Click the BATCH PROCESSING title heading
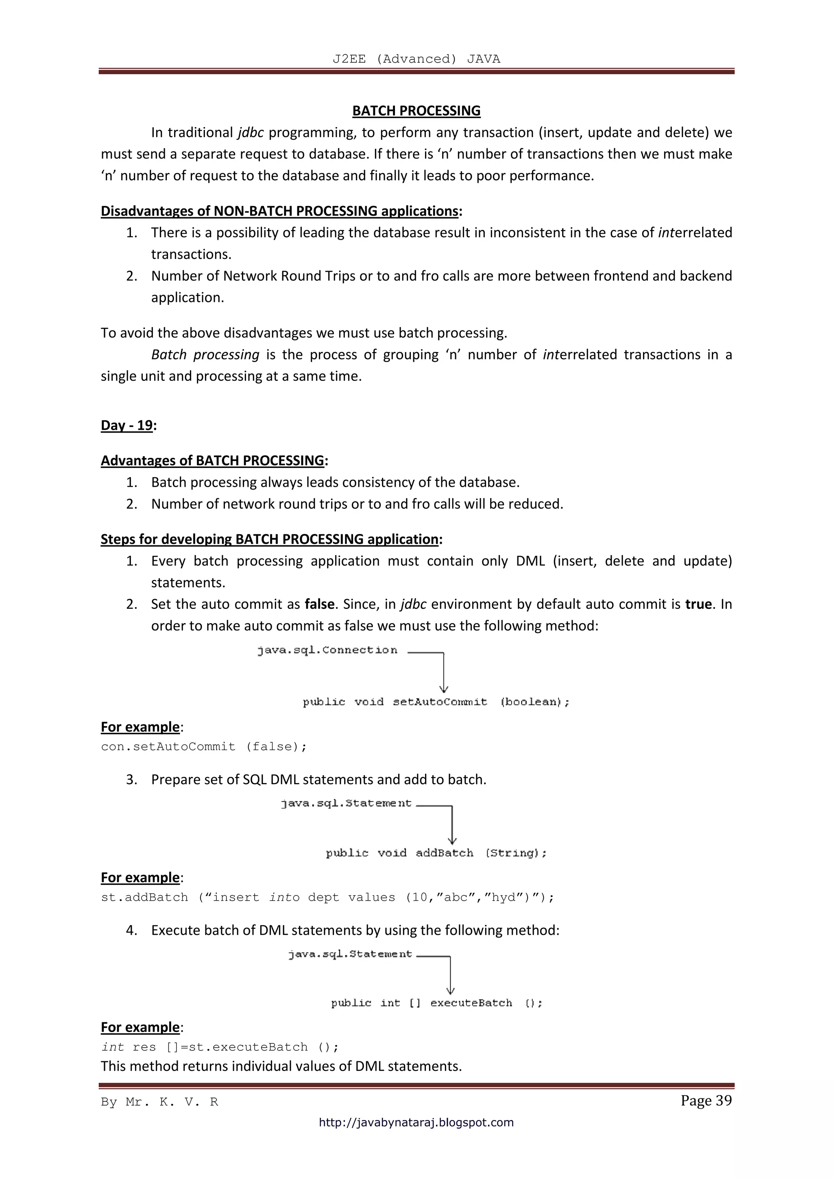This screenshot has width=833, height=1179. point(416,111)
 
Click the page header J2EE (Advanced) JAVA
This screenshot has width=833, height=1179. point(416,59)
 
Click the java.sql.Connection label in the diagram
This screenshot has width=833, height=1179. point(327,650)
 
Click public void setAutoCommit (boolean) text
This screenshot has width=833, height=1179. point(436,702)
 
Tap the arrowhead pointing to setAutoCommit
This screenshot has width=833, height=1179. point(444,689)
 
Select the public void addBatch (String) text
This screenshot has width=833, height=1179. point(436,853)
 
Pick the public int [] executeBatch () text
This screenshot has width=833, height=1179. point(436,1003)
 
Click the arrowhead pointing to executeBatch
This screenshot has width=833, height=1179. point(451,990)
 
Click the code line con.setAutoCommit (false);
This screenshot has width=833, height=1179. point(204,747)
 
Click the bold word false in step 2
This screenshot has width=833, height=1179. point(319,604)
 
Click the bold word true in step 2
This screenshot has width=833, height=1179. point(698,604)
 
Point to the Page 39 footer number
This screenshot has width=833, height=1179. point(706,1100)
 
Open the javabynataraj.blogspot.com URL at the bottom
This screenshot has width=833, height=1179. point(416,1122)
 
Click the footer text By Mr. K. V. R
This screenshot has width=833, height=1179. point(159,1102)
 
